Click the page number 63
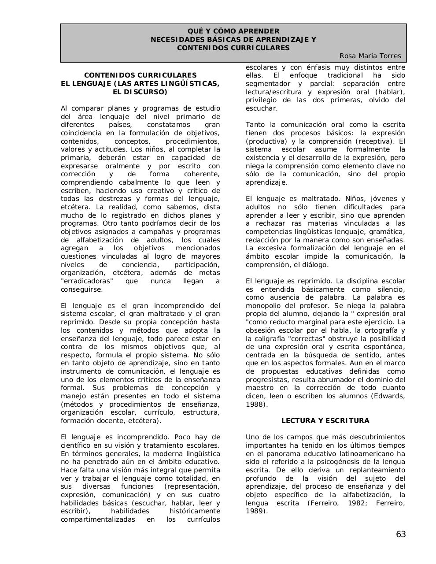[x=400, y=534]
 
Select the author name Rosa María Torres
[x=370, y=56]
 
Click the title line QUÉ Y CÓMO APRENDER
[x=233, y=31]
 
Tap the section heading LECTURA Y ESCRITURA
[x=325, y=421]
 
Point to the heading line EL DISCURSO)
[x=140, y=92]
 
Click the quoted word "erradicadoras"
[x=87, y=281]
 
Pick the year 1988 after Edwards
[x=255, y=404]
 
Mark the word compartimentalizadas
[x=98, y=519]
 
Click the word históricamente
[x=194, y=511]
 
